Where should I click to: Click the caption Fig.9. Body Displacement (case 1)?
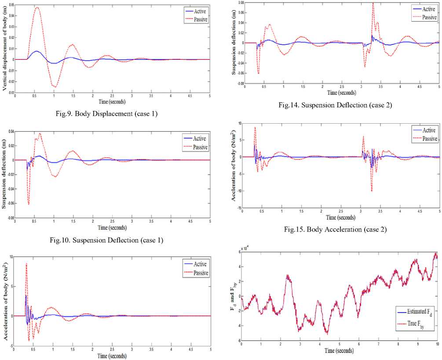tap(104, 114)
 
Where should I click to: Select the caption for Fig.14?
tap(335, 105)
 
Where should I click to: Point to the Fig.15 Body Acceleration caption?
tap(335, 229)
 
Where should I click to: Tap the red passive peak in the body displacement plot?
tap(37, 7)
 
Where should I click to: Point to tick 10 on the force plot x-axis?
tap(437, 345)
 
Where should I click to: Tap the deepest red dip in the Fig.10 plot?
tap(29, 204)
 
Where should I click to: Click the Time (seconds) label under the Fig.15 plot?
tap(340, 217)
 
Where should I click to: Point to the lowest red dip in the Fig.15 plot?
tap(372, 191)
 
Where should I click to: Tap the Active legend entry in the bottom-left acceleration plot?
tap(196, 264)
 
